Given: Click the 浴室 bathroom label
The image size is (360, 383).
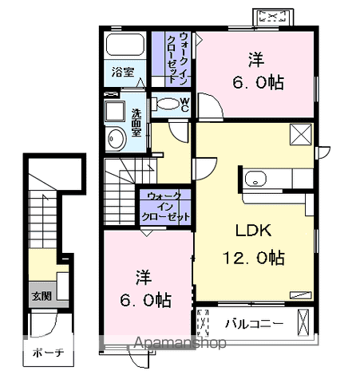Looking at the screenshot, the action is tap(123, 72).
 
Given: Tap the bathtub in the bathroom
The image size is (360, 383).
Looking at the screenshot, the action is tap(125, 45).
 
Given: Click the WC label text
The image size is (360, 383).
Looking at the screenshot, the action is tap(184, 105).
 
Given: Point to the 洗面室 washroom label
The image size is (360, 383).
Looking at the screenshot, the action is tap(136, 123).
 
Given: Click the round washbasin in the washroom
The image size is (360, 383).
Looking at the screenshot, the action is tap(116, 139).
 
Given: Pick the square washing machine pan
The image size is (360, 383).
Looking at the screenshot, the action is tap(115, 111).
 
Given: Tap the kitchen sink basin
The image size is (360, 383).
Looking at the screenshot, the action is tap(255, 179).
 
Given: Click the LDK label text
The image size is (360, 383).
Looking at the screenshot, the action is tap(254, 231).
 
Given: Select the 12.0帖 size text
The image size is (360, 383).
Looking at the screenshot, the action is tap(254, 257).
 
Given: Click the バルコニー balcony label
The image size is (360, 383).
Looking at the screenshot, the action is tap(254, 324).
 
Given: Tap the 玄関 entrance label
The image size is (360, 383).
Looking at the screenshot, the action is tap(42, 296).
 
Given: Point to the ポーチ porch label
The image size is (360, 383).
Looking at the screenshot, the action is tap(48, 353).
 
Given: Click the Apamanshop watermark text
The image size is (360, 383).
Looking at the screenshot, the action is tap(180, 343).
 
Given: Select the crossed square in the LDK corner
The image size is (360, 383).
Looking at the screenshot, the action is tap(301, 134).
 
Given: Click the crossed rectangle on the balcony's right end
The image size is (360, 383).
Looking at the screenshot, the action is tap(303, 322).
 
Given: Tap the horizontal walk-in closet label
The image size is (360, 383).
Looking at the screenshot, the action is tap(165, 207).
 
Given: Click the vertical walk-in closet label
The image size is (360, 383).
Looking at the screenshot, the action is tap(177, 58).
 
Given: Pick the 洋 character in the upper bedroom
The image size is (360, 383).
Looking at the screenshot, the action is tap(256, 60).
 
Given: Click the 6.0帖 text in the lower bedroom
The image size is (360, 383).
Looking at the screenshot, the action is tap(145, 300).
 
